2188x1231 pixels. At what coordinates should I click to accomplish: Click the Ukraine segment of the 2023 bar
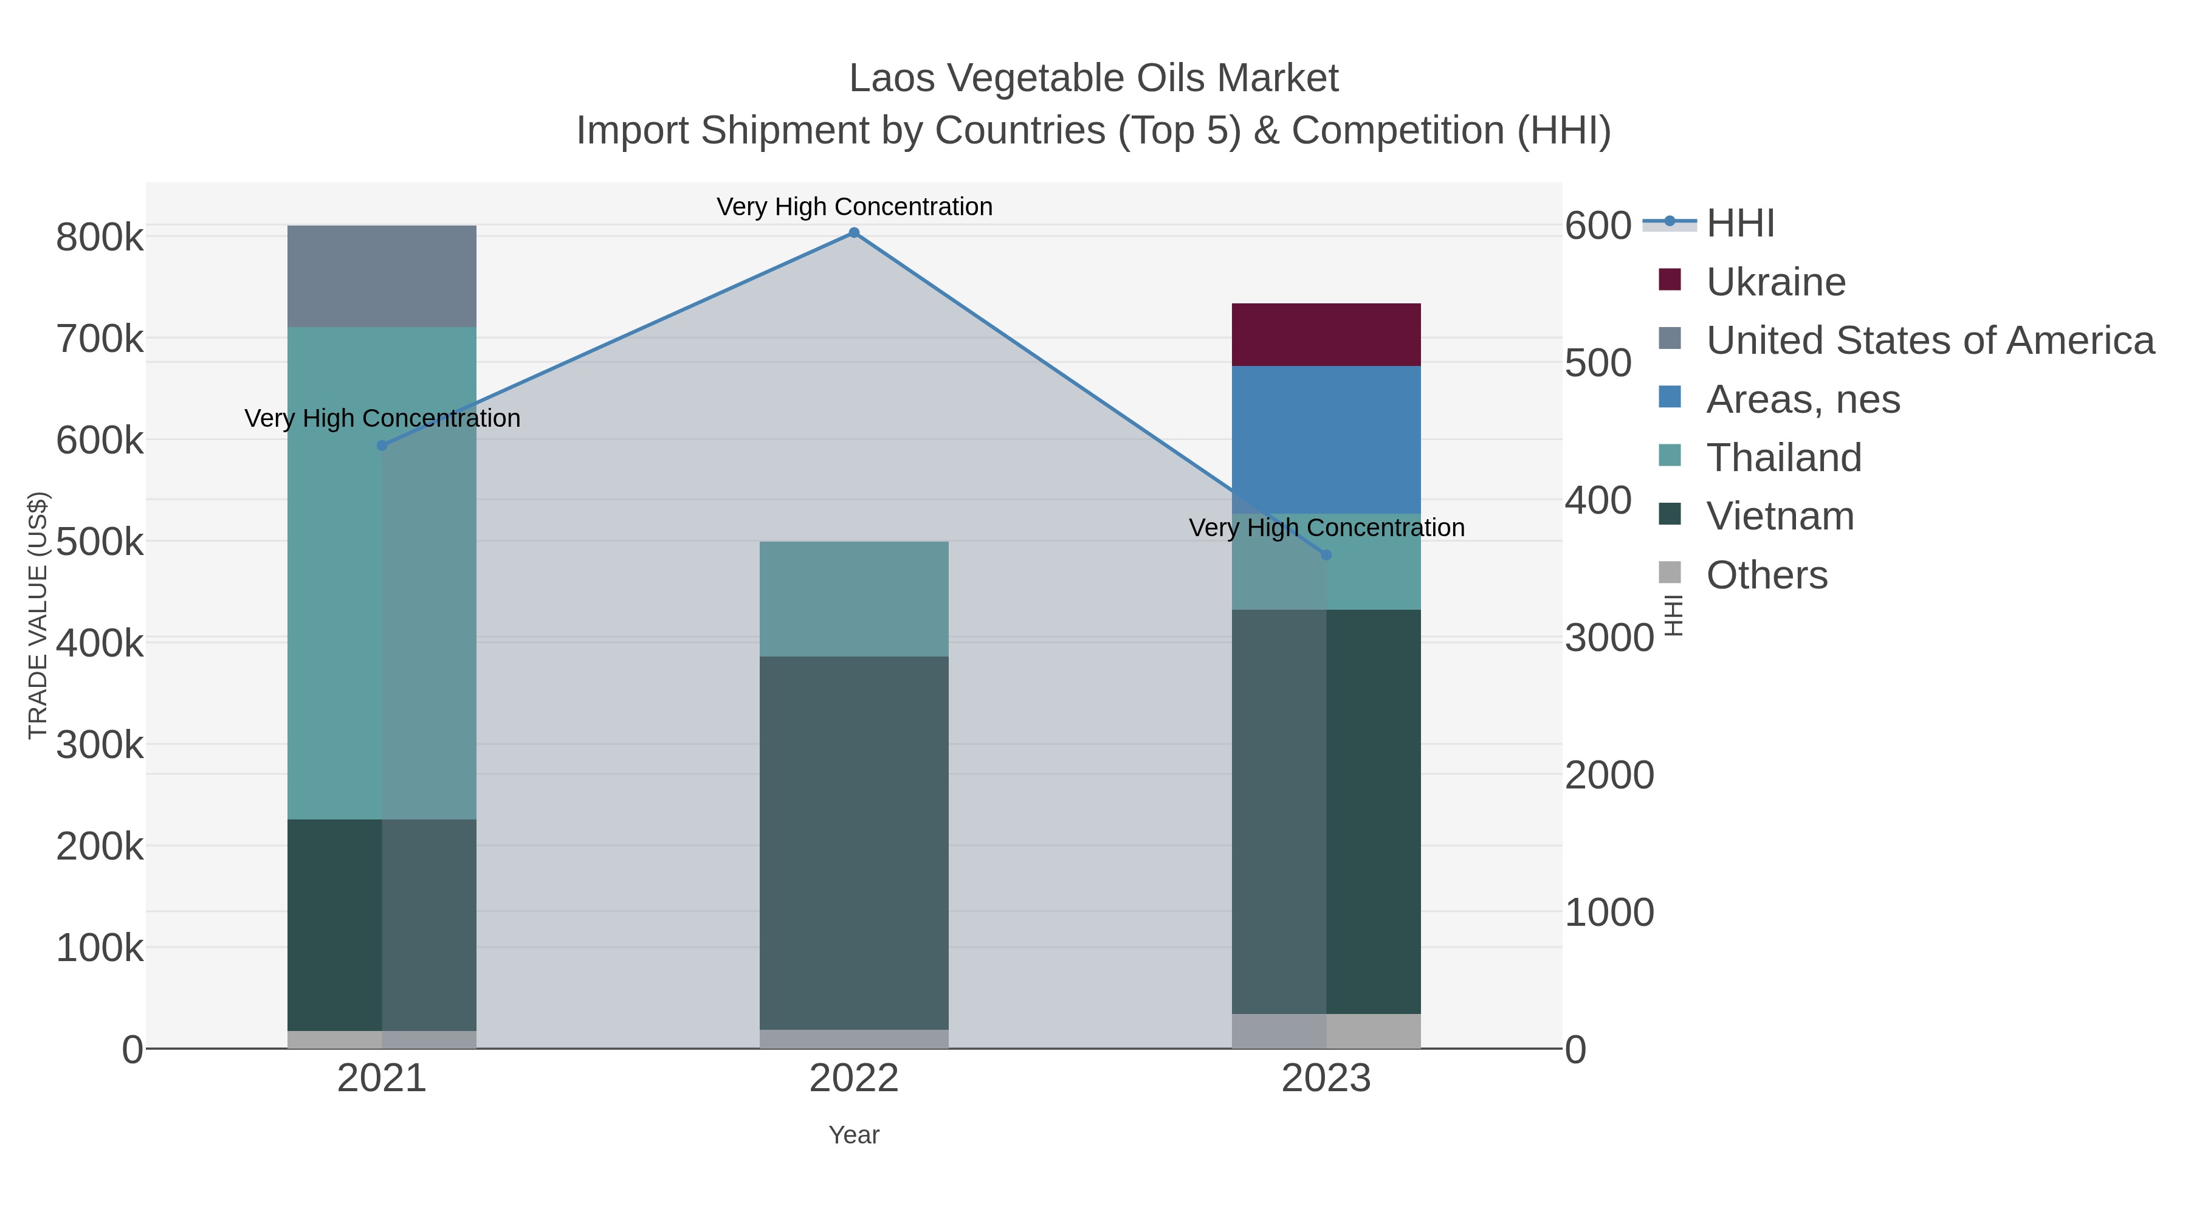tap(1326, 335)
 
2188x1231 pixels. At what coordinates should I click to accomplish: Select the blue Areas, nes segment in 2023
tap(1326, 440)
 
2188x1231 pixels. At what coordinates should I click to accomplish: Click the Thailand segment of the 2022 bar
tap(854, 599)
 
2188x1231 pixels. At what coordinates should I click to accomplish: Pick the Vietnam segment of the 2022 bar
tap(854, 843)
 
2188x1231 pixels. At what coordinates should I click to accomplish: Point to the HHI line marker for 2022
tap(854, 233)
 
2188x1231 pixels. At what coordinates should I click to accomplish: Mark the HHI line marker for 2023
tap(1326, 555)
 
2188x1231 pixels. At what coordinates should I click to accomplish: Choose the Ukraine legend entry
tap(1775, 282)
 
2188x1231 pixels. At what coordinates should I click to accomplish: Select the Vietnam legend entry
tap(1780, 517)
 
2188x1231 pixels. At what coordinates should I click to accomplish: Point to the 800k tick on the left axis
tap(100, 238)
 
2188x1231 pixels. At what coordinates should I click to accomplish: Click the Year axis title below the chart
tap(854, 1135)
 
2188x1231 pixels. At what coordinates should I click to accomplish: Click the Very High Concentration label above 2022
tap(854, 207)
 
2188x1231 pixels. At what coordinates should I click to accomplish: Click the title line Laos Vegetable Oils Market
tap(1093, 78)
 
